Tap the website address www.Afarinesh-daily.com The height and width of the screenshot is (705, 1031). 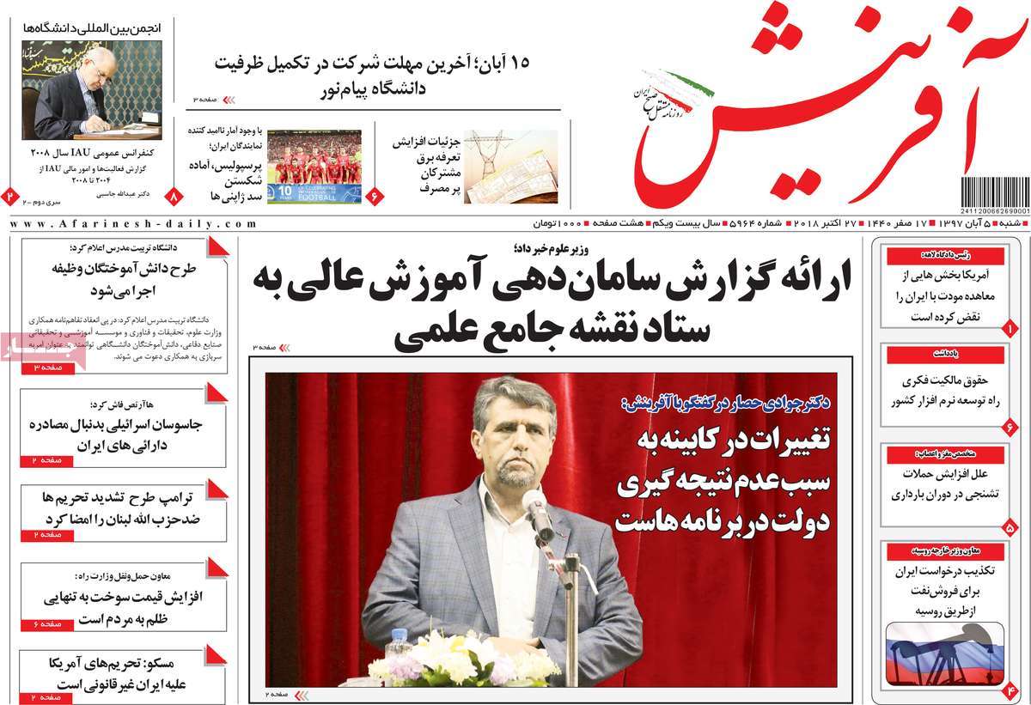(x=134, y=223)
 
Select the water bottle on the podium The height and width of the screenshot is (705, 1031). (x=398, y=642)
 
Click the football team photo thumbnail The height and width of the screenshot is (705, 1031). (x=314, y=167)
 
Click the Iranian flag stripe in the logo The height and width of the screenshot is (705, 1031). (x=687, y=83)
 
